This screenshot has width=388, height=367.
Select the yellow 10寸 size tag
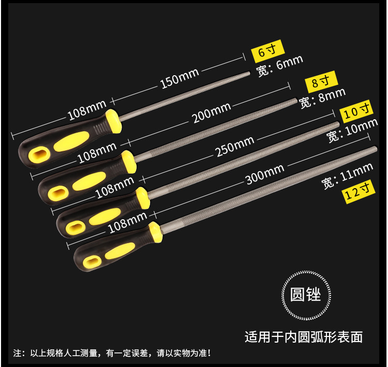[355, 110]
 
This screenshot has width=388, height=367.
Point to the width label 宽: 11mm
[347, 175]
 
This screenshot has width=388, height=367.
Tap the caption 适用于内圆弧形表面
[304, 337]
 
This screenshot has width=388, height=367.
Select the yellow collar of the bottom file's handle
[155, 232]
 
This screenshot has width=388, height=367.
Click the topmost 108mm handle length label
[85, 110]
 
